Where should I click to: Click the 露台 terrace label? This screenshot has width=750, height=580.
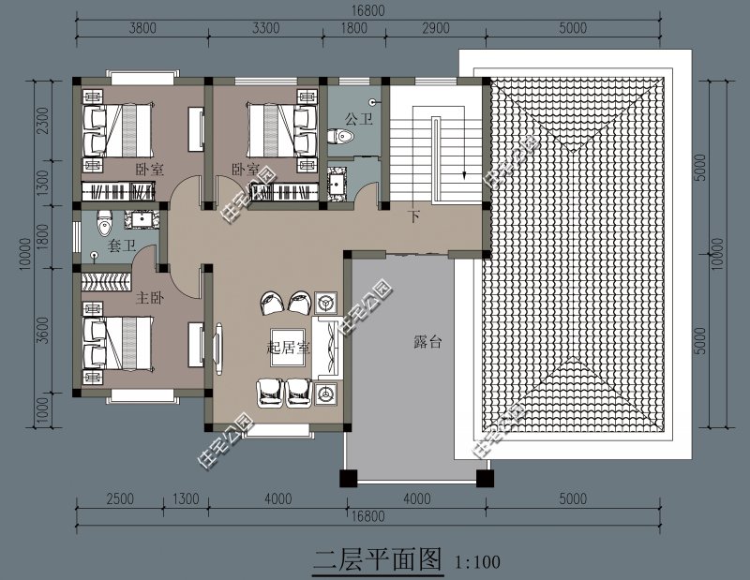pos(427,343)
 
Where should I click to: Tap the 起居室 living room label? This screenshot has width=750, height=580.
pos(289,347)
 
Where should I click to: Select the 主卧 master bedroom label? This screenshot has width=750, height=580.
pos(150,298)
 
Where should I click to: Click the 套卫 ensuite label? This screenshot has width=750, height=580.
pos(123,246)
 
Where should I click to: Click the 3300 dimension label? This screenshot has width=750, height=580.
pos(266,28)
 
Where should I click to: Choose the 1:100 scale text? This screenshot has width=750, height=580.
pos(476,563)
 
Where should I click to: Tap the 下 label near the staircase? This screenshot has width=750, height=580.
pos(413,217)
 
